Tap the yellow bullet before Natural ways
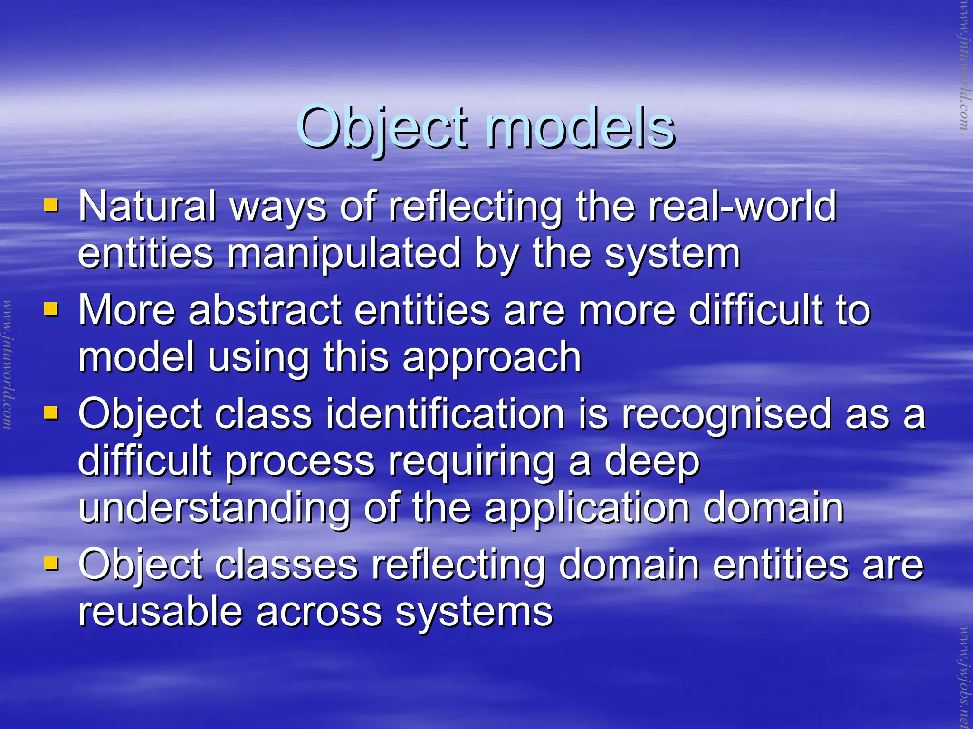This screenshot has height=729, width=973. click(x=51, y=206)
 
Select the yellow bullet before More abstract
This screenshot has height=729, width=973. click(x=51, y=310)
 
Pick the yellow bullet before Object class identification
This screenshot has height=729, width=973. click(x=51, y=413)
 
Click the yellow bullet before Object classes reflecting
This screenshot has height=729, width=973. click(x=51, y=564)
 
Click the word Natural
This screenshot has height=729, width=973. click(x=147, y=206)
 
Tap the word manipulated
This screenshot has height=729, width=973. click(x=344, y=253)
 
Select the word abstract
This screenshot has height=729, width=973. click(x=265, y=310)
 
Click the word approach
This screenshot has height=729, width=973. click(x=492, y=357)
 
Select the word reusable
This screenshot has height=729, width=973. click(x=161, y=612)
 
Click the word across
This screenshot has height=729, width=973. click(x=319, y=612)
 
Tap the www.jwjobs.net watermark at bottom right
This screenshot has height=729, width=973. click(x=964, y=677)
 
